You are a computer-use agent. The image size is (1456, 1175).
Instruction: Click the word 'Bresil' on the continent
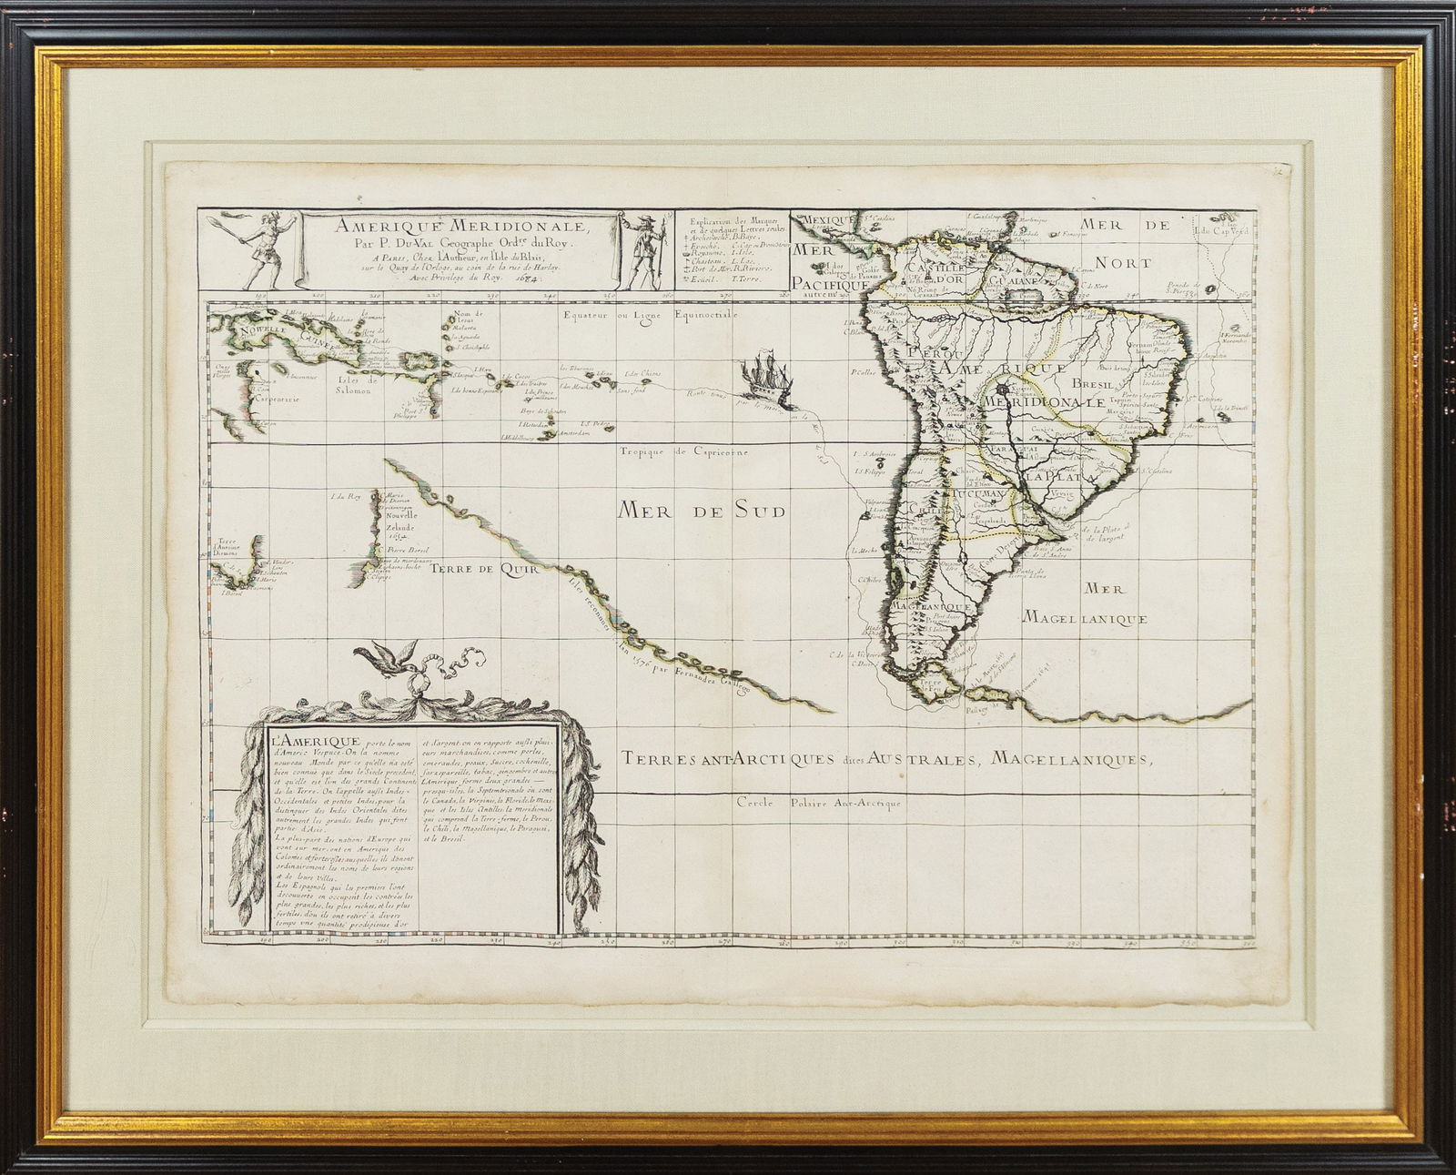tap(1094, 384)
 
